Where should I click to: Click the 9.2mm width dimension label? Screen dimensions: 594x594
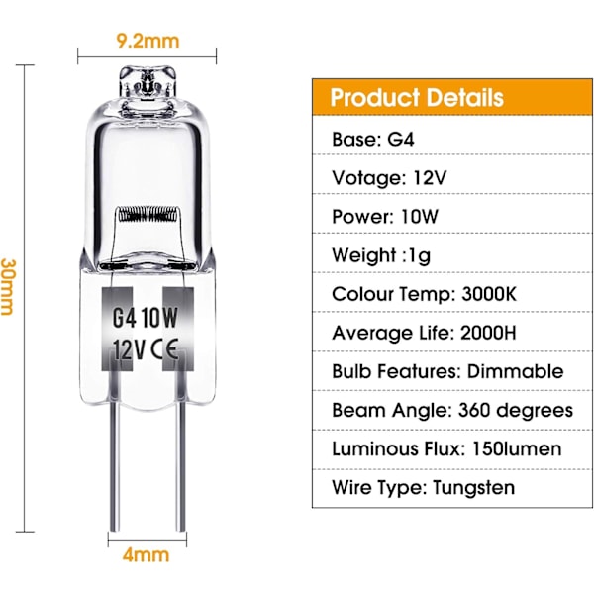(148, 41)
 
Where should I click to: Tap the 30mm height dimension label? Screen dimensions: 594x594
(7, 287)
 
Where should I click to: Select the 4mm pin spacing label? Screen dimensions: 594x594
(146, 555)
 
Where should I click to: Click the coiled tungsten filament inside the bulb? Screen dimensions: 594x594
(148, 215)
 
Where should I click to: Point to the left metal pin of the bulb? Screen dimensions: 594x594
(115, 467)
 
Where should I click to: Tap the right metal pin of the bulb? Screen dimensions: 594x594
(181, 467)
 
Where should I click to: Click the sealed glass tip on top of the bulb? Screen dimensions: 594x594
(148, 82)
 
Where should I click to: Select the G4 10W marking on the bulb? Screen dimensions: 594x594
(146, 318)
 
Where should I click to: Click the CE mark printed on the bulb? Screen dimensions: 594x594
(164, 349)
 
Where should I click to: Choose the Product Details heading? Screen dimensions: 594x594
(417, 98)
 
